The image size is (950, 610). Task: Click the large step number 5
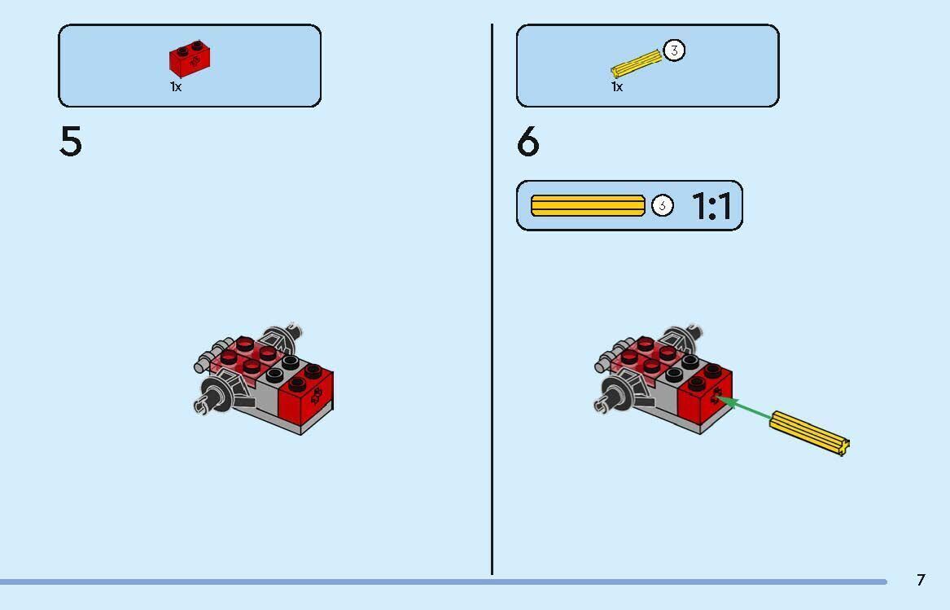click(70, 141)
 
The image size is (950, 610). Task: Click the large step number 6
click(528, 141)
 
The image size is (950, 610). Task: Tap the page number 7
click(921, 580)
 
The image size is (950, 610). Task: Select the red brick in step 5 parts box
click(190, 59)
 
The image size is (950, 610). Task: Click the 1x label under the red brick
click(176, 86)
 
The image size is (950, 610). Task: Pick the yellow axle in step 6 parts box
click(636, 63)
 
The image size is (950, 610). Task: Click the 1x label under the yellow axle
click(617, 86)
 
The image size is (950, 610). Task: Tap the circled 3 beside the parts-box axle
click(674, 50)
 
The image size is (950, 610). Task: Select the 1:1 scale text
click(711, 206)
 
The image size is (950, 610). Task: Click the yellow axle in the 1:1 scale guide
click(588, 205)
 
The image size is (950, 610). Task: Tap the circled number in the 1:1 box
click(662, 205)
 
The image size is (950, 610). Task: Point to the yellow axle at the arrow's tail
click(809, 432)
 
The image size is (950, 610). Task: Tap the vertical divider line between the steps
click(492, 299)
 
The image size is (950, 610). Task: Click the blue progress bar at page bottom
click(444, 582)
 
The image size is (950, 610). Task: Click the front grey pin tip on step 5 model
click(200, 405)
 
